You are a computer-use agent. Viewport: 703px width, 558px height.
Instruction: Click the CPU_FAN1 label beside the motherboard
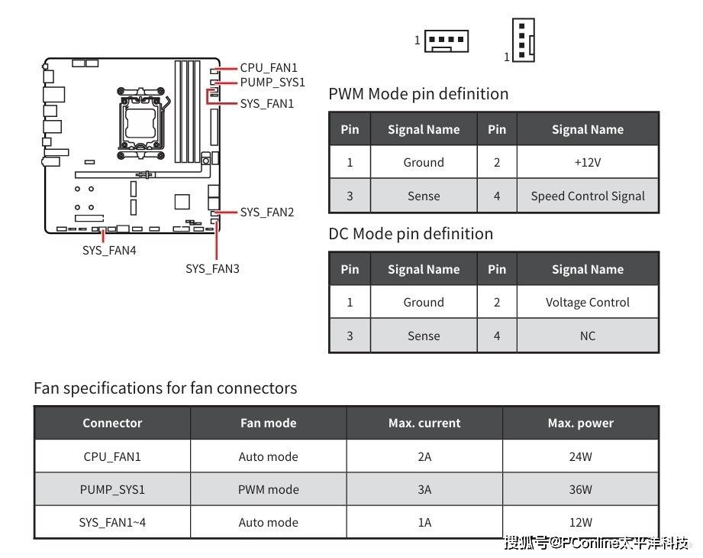(x=269, y=68)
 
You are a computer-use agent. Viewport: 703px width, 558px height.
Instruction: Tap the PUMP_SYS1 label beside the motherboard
(x=272, y=82)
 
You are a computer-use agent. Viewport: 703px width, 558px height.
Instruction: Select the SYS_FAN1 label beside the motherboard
(x=266, y=104)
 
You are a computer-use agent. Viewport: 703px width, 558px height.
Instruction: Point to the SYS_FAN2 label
(x=266, y=212)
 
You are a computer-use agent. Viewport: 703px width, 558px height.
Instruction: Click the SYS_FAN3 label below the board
(x=212, y=268)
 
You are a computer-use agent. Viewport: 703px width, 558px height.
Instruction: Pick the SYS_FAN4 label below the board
(x=109, y=250)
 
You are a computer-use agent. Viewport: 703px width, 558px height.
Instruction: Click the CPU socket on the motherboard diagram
(x=140, y=123)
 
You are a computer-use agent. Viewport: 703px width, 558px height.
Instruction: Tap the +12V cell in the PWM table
(x=587, y=162)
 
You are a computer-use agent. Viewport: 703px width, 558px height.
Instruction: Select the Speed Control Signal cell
(x=587, y=196)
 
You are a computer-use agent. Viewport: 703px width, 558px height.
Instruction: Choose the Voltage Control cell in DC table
(x=587, y=302)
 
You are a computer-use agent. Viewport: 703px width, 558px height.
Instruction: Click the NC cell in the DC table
(x=587, y=336)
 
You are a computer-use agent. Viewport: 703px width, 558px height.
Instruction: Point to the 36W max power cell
(x=581, y=489)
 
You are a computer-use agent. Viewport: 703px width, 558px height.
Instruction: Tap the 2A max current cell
(x=424, y=456)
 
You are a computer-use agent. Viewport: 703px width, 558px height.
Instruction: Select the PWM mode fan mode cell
(x=268, y=489)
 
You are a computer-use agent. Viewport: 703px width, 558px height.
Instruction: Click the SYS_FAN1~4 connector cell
(x=112, y=523)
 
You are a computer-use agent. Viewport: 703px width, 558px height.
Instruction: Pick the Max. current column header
(x=424, y=423)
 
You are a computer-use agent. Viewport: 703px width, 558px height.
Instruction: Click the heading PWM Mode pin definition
(x=418, y=94)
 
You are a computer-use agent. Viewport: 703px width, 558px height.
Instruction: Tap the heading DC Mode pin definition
(x=411, y=234)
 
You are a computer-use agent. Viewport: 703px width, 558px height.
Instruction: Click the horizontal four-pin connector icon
(x=446, y=41)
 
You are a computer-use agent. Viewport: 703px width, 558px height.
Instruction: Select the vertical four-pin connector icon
(x=524, y=40)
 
